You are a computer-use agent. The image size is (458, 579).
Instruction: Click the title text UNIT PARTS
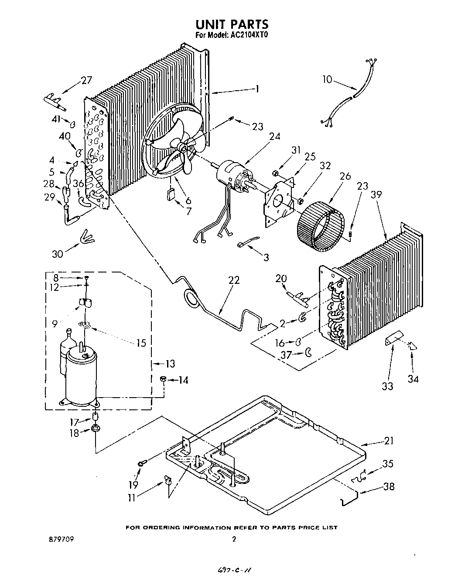click(231, 24)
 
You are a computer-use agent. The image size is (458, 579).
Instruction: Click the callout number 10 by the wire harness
click(327, 79)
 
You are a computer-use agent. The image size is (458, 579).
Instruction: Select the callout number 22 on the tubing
click(234, 280)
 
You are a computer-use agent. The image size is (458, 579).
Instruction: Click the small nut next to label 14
click(162, 380)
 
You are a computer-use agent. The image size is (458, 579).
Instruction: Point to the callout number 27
click(86, 80)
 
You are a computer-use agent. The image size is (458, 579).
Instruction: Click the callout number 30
click(58, 254)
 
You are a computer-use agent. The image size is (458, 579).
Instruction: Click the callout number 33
click(387, 386)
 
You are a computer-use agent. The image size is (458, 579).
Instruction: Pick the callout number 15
click(141, 343)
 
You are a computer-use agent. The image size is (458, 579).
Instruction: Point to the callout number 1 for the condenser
click(257, 89)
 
